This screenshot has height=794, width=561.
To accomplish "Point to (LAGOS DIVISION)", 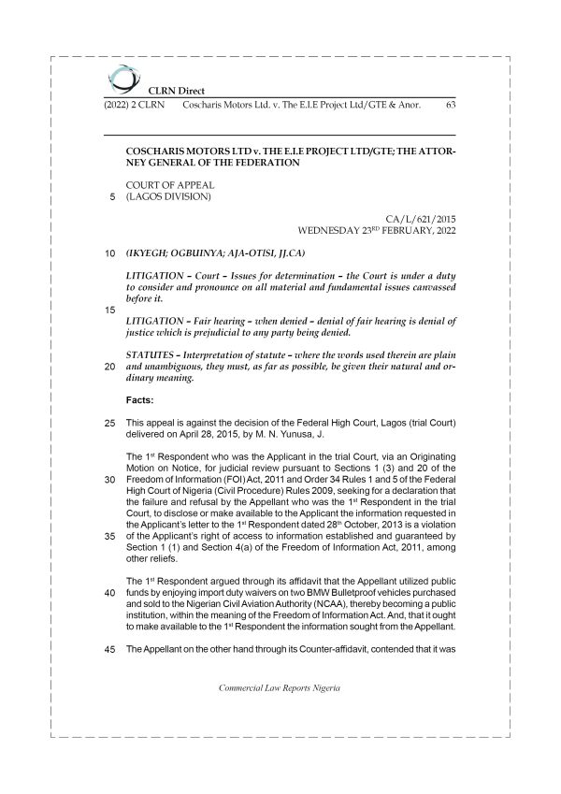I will pos(168,196).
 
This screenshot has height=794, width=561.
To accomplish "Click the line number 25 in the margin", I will pos(108,424).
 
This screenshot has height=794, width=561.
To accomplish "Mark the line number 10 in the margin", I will pos(108,253).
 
